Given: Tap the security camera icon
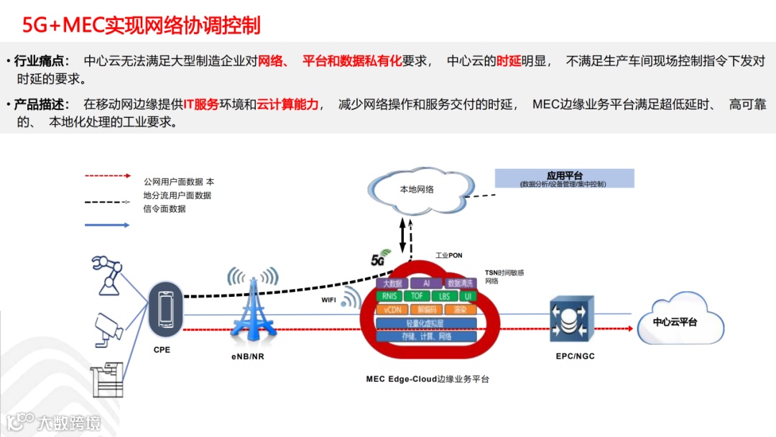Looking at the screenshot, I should click(109, 328).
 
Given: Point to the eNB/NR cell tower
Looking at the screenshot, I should click(252, 305).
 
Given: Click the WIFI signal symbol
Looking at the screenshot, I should click(351, 297).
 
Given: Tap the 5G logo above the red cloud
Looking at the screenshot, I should click(379, 259).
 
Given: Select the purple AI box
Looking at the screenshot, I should click(427, 283).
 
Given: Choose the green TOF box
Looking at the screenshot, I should click(417, 296).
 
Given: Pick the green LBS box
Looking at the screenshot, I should click(444, 296).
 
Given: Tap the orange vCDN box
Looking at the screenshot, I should click(392, 309).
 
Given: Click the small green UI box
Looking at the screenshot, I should click(468, 296).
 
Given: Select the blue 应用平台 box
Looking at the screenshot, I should click(564, 178).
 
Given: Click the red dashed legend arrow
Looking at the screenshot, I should click(108, 175).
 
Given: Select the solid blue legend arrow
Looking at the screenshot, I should click(108, 225).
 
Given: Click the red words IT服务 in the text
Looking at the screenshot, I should click(200, 105).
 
